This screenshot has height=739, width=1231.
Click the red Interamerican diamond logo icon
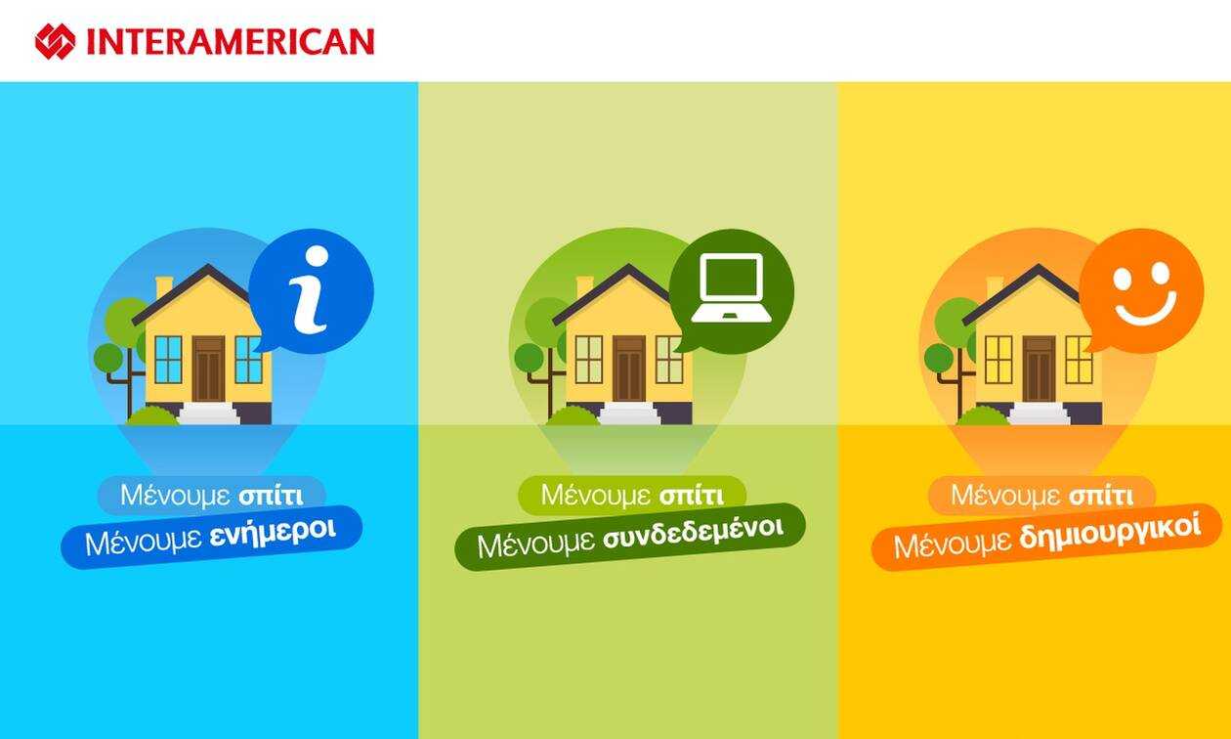(x=55, y=41)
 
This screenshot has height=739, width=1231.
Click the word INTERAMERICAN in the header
(x=231, y=42)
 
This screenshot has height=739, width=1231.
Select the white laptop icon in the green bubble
(x=732, y=287)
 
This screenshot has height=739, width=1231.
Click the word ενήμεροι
(x=273, y=533)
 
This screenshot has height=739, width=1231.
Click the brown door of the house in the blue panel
(x=208, y=369)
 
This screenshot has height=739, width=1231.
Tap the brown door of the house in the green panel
(x=629, y=369)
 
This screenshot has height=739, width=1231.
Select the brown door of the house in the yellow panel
(x=1039, y=369)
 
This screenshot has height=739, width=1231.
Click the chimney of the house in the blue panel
(x=164, y=287)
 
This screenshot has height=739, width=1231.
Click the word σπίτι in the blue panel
(x=271, y=497)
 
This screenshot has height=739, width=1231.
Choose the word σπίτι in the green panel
(x=692, y=497)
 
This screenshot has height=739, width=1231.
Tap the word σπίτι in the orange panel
(x=1101, y=497)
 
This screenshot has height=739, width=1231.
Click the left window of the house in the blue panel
(x=168, y=360)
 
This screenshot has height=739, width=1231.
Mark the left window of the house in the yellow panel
(x=998, y=360)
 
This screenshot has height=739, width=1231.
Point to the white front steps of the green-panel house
(x=630, y=413)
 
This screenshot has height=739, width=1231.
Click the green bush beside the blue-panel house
(x=152, y=415)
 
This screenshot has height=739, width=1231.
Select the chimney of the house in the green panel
(x=584, y=287)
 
